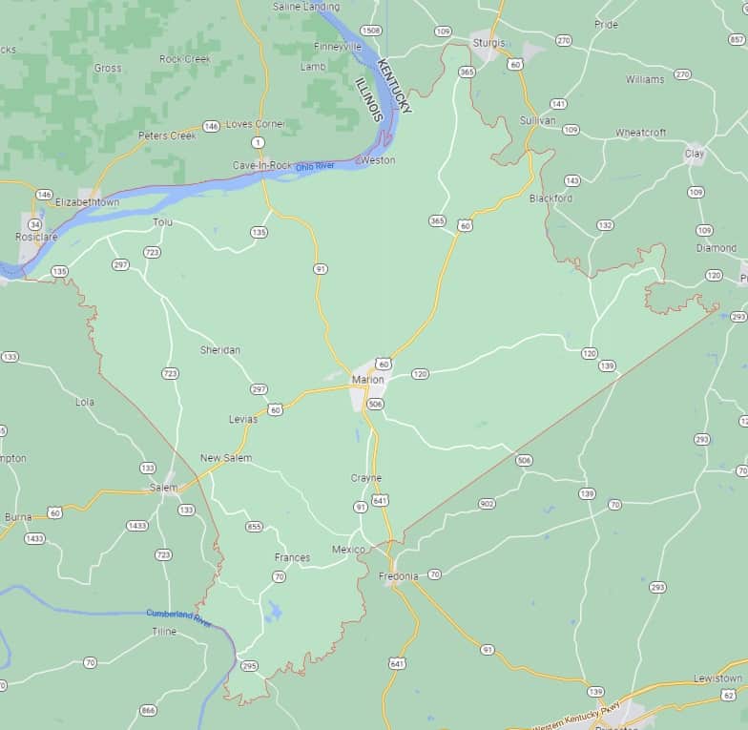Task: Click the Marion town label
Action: coord(367,380)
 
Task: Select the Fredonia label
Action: coord(398,576)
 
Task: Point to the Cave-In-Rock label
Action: coord(262,165)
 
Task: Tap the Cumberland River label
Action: coord(178,616)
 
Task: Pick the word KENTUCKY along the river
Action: coord(395,87)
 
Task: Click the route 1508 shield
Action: coord(370,31)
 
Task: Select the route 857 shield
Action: coord(737,39)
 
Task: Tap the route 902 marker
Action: coord(487,503)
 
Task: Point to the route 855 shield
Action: coord(254,527)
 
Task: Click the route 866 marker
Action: coord(148,710)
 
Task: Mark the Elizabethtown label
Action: coord(87,202)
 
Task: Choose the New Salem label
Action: coord(226,458)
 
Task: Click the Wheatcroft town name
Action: coord(640,133)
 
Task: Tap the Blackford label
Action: coord(551,198)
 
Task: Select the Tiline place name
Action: coord(164,632)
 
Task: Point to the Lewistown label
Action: coord(717,678)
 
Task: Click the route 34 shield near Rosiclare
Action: coord(34,224)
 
